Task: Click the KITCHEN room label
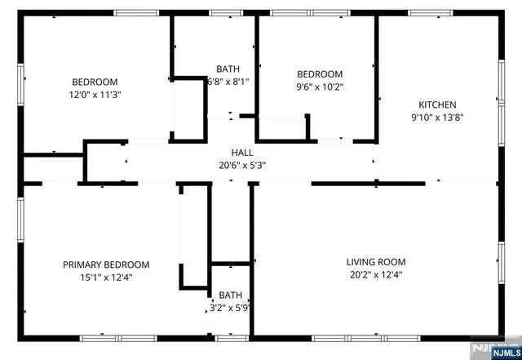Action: click(x=437, y=104)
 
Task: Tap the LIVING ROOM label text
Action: click(x=375, y=262)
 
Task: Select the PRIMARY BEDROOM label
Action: click(x=106, y=264)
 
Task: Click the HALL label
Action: click(x=242, y=153)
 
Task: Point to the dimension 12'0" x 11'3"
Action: click(x=95, y=94)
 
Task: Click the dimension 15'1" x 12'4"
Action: click(x=106, y=277)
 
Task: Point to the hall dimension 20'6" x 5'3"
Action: click(x=242, y=165)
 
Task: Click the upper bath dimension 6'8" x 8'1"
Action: click(x=228, y=82)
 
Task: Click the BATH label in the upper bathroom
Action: click(x=228, y=69)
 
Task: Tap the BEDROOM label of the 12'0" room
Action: click(x=95, y=82)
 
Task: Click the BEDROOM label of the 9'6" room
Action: click(x=319, y=73)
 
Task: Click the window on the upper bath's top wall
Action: click(x=222, y=12)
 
